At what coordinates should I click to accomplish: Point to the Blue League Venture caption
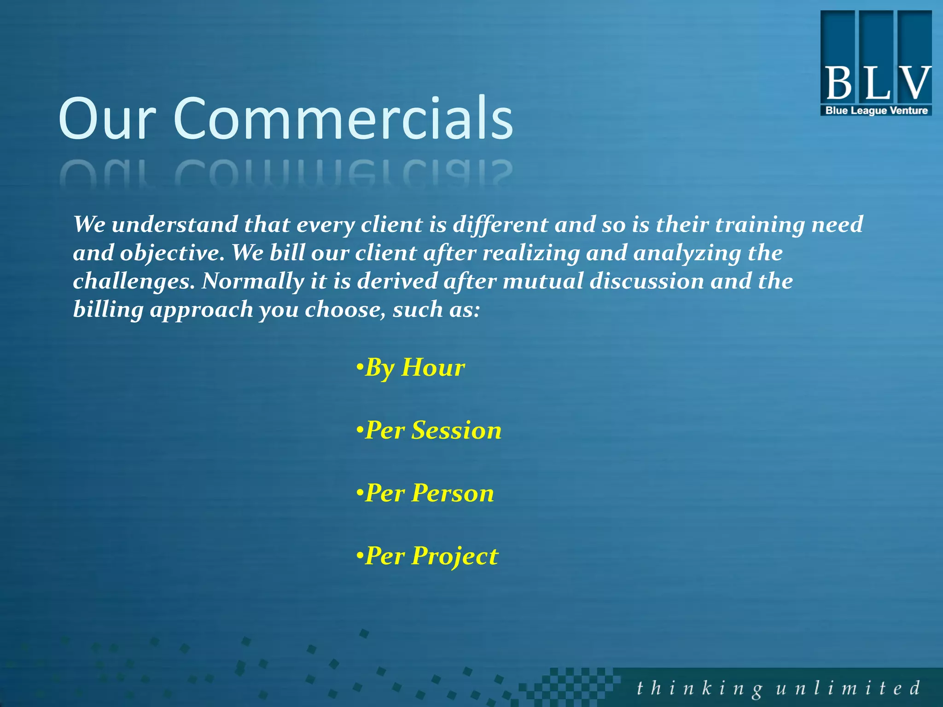pyautogui.click(x=876, y=110)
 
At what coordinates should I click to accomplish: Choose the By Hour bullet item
pyautogui.click(x=411, y=368)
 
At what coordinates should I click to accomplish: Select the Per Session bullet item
pyautogui.click(x=429, y=431)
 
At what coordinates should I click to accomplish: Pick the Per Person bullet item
pyautogui.click(x=425, y=493)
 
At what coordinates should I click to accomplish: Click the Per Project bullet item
pyautogui.click(x=427, y=556)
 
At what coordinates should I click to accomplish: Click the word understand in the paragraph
pyautogui.click(x=175, y=225)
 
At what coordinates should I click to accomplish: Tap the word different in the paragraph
pyautogui.click(x=501, y=225)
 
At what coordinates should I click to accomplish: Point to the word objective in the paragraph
pyautogui.click(x=172, y=253)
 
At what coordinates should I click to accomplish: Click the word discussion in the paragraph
pyautogui.click(x=646, y=281)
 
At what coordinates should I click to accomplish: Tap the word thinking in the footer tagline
pyautogui.click(x=699, y=689)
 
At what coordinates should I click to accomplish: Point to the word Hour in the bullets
pyautogui.click(x=433, y=368)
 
